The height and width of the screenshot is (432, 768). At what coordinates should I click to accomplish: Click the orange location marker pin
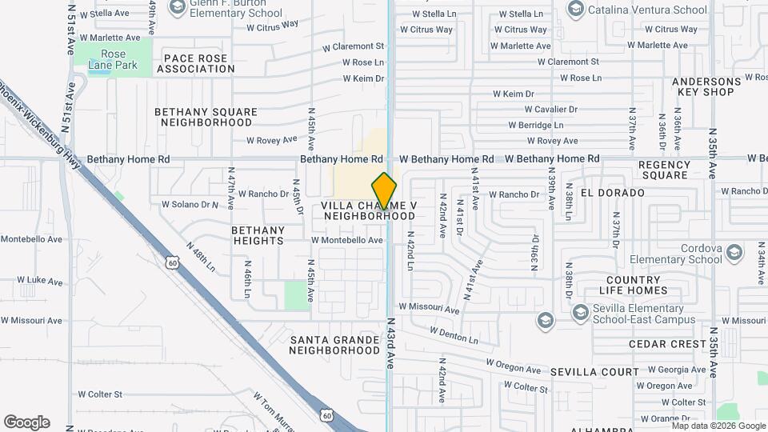point(385,190)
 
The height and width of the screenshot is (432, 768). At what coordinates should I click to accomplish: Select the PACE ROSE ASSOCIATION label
point(196,63)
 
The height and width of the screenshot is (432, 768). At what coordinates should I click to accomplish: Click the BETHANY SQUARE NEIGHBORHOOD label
point(206,118)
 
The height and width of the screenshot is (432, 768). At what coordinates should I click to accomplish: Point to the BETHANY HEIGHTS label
point(258,235)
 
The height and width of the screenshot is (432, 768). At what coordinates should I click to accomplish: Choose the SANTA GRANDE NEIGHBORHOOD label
point(334,345)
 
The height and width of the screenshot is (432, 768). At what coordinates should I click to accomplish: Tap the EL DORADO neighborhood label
point(613,193)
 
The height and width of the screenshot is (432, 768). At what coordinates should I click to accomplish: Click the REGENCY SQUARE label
point(664,170)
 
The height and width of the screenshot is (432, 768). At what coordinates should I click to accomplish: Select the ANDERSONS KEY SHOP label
point(706,86)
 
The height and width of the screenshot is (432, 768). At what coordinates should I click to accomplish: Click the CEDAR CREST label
point(667,344)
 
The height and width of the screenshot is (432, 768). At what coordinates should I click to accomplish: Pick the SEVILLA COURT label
point(594,373)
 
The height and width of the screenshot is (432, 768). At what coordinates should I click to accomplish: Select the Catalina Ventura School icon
point(575,9)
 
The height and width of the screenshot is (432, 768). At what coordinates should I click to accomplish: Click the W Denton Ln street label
point(454,335)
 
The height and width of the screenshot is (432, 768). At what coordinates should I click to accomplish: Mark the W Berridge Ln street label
point(535,125)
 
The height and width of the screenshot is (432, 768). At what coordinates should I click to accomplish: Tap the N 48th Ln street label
point(201,257)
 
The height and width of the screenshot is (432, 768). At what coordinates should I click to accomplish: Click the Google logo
point(26,422)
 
